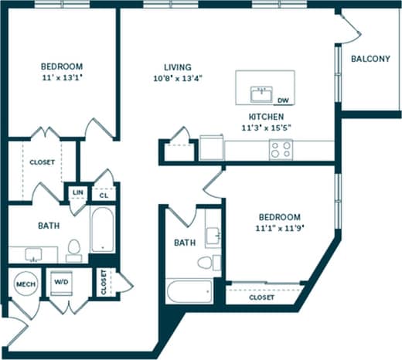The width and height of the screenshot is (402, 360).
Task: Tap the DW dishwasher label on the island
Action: [x=284, y=100]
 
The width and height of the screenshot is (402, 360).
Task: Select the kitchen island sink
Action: [x=261, y=94]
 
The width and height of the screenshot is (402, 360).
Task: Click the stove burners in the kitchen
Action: [x=281, y=149]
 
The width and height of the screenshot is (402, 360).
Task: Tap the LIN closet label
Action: [x=77, y=192]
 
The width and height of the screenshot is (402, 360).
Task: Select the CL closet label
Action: [x=103, y=195]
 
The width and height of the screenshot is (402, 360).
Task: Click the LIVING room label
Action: [x=178, y=67]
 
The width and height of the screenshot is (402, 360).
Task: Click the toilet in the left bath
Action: [x=74, y=250]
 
